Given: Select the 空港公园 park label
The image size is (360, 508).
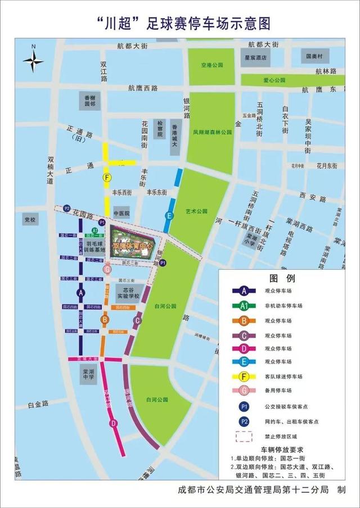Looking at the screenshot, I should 212,65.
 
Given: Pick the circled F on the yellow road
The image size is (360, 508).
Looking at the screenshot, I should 107,177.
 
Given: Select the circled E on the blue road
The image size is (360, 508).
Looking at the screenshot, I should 168,216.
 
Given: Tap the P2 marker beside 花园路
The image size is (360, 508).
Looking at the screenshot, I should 66,208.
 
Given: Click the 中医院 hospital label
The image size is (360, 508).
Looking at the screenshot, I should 121,214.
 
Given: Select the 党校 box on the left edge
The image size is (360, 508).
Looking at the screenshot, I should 29,220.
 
